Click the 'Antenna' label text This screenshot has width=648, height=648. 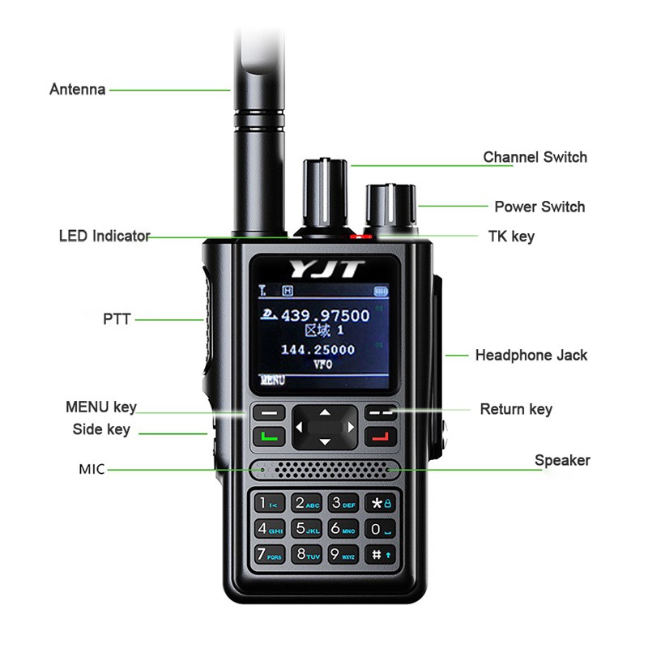(x=78, y=89)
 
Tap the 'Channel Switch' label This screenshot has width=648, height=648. (x=535, y=157)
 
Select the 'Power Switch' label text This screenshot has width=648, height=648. (x=539, y=207)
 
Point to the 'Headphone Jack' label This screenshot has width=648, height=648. (x=531, y=355)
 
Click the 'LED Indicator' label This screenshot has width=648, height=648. (x=104, y=237)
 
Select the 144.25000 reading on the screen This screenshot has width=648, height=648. (x=318, y=349)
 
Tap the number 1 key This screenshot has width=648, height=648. (x=268, y=503)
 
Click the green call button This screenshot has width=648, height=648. (x=268, y=437)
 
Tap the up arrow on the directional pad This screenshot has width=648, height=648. (x=324, y=412)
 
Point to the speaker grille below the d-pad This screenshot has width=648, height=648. (x=324, y=469)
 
